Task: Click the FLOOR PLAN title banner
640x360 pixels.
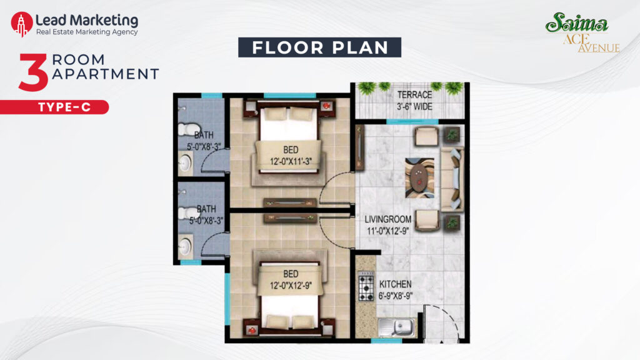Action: (319, 47)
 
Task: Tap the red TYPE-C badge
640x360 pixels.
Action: (54, 107)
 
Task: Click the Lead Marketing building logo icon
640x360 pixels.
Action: (22, 24)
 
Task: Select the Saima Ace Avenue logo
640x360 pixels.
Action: (582, 32)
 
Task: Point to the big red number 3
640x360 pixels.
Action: (33, 72)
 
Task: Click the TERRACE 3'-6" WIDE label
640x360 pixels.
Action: (414, 101)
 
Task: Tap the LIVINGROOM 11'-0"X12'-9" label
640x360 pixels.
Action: (387, 225)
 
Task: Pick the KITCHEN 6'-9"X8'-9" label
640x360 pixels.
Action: (395, 290)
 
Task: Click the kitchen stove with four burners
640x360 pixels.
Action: (366, 286)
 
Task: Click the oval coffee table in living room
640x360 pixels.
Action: (419, 177)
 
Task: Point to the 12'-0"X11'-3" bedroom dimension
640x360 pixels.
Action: (291, 161)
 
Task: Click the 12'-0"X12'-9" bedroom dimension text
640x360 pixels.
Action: (291, 286)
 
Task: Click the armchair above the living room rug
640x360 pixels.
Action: (426, 136)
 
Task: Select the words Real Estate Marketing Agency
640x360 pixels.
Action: (87, 32)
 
